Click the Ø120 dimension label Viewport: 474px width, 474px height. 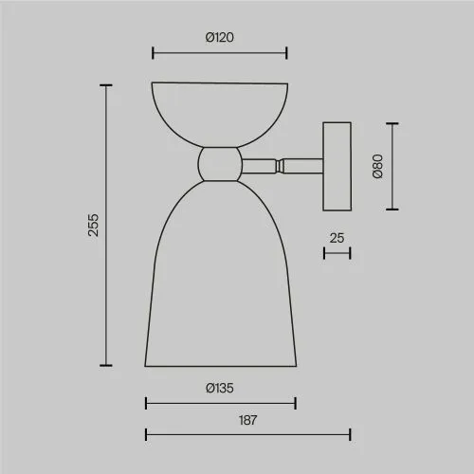click(220, 37)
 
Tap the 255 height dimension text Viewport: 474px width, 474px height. click(93, 225)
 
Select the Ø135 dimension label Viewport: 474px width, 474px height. click(220, 388)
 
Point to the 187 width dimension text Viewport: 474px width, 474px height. click(247, 420)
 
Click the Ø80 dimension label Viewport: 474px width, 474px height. click(377, 166)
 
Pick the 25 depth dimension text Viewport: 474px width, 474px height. click(337, 238)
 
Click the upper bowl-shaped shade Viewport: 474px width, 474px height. click(220, 115)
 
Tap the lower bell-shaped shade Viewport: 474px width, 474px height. click(221, 274)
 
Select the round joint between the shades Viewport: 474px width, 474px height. click(220, 164)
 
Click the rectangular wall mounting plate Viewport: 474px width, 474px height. click(337, 166)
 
